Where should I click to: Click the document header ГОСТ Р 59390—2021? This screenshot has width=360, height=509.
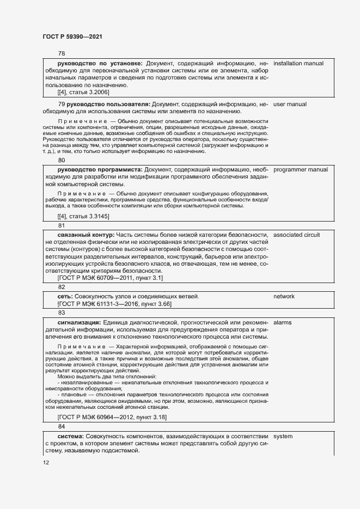72,36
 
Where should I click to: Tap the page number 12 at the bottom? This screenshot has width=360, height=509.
46,463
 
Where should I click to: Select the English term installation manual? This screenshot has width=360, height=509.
298,64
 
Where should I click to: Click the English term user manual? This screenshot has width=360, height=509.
290,104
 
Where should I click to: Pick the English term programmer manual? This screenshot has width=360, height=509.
300,170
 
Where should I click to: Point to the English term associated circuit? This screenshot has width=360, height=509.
296,235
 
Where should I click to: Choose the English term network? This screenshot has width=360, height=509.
284,297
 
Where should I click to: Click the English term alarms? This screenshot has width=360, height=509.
282,323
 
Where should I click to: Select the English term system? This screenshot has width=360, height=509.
283,437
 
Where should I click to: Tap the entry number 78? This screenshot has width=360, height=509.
62,53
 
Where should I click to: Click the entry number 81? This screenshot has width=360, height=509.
62,225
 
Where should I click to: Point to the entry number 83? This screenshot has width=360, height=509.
62,313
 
